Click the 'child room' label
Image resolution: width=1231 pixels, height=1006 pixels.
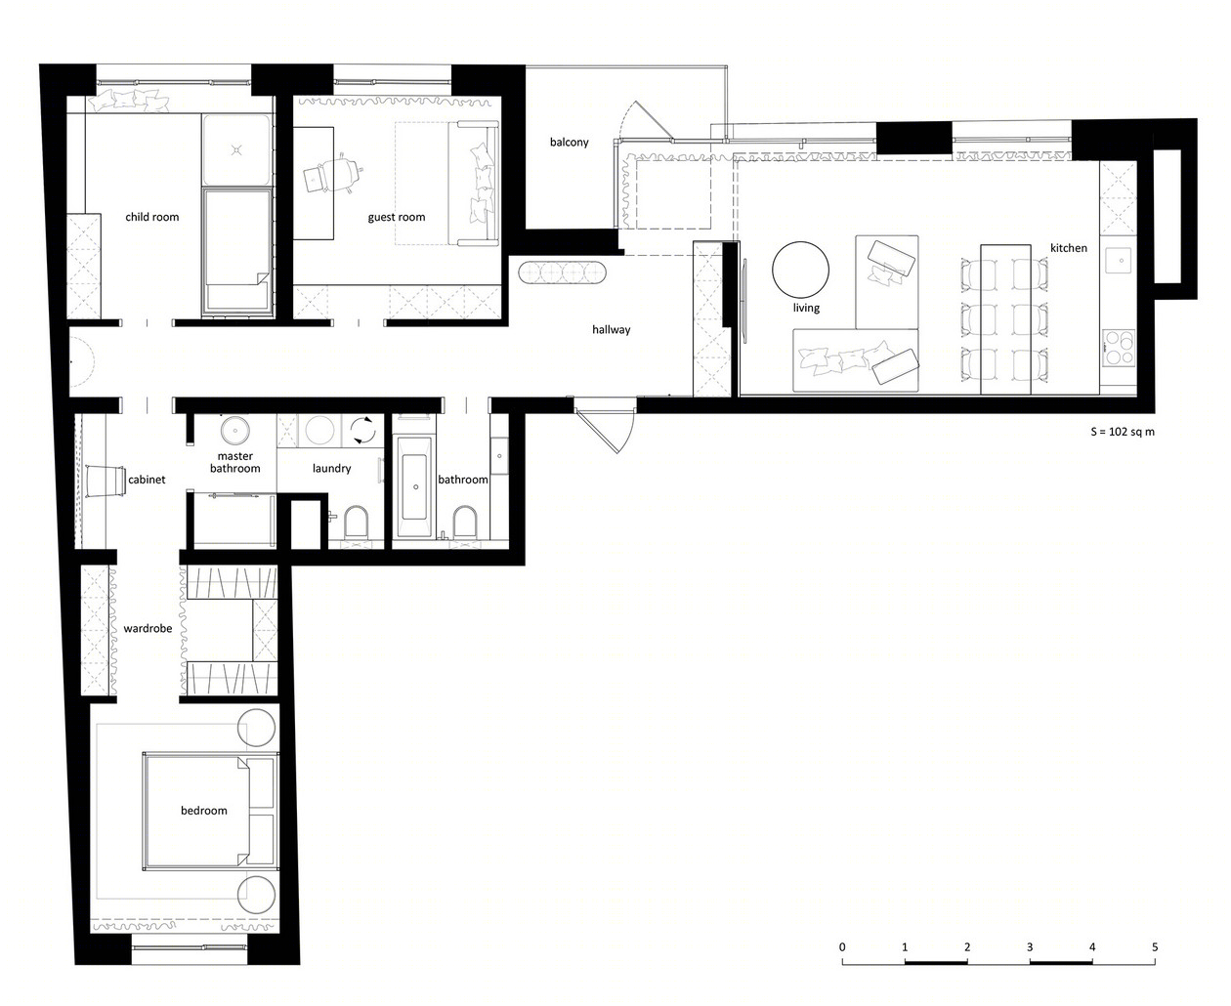coord(151,217)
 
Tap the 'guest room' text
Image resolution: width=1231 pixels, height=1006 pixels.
coord(397,217)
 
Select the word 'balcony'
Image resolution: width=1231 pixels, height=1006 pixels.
coord(570,143)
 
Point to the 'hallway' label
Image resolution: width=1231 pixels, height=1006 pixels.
coord(612,330)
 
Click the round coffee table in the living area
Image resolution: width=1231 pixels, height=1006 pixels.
coord(800,270)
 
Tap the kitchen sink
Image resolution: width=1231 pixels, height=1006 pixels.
coord(1119,260)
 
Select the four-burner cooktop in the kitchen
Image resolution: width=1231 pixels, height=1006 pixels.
coord(1119,349)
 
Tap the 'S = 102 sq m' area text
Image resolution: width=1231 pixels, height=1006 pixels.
coord(1123,432)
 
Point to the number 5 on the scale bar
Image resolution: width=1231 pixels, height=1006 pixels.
coord(1155,946)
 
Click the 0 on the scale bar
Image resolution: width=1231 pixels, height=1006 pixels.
coord(842,946)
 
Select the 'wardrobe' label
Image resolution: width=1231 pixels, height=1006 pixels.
coord(148,628)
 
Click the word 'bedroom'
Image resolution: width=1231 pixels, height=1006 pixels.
coord(204,811)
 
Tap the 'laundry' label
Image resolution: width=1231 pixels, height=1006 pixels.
coord(331,468)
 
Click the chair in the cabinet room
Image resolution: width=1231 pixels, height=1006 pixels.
coord(106,481)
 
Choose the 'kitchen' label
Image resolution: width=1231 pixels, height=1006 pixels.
coord(1069,248)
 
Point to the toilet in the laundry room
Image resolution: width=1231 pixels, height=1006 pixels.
coord(356,522)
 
